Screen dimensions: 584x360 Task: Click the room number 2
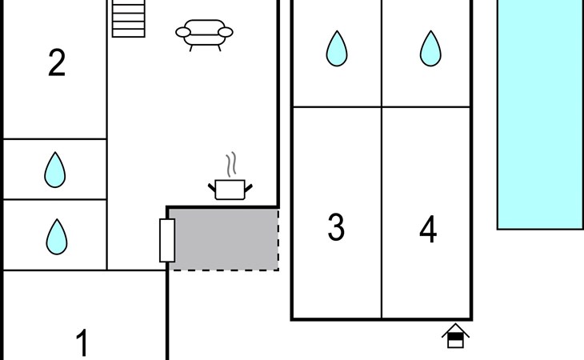tap(57, 63)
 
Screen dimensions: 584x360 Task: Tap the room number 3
tap(336, 227)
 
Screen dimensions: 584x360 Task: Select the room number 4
tap(428, 229)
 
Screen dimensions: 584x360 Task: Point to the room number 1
tap(82, 342)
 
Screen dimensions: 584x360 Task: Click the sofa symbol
tap(204, 34)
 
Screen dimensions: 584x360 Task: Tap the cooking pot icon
tap(230, 189)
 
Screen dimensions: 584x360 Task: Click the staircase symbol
tap(129, 18)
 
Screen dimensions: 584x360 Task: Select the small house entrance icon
tap(455, 336)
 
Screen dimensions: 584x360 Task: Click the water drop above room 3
tap(337, 49)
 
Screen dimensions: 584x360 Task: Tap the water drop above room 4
tap(430, 49)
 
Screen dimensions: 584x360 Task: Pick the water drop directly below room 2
tap(54, 170)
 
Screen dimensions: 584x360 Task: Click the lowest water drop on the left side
tap(57, 237)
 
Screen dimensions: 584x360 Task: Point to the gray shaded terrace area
tap(223, 239)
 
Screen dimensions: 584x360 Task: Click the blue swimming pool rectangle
tap(541, 114)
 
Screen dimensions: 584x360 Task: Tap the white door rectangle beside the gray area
tap(167, 241)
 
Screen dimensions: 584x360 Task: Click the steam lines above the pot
tap(231, 164)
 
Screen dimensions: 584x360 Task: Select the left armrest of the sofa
tap(183, 32)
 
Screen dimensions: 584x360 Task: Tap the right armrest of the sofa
tap(226, 32)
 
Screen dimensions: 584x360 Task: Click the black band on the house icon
tap(455, 336)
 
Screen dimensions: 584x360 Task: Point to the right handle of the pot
tap(249, 188)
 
